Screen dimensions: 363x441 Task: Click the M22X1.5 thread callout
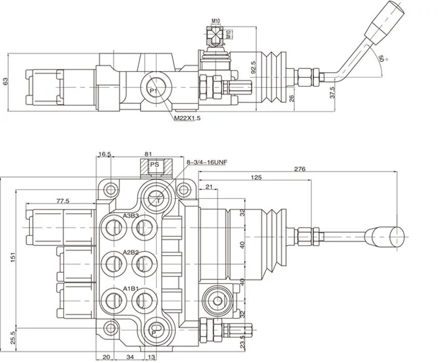[187, 118]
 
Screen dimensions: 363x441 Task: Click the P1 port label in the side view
[153, 91]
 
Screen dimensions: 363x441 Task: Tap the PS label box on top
[154, 165]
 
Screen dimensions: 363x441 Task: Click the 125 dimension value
[255, 177]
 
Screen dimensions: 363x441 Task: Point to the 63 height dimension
[6, 81]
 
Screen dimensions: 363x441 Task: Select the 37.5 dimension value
[332, 92]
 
